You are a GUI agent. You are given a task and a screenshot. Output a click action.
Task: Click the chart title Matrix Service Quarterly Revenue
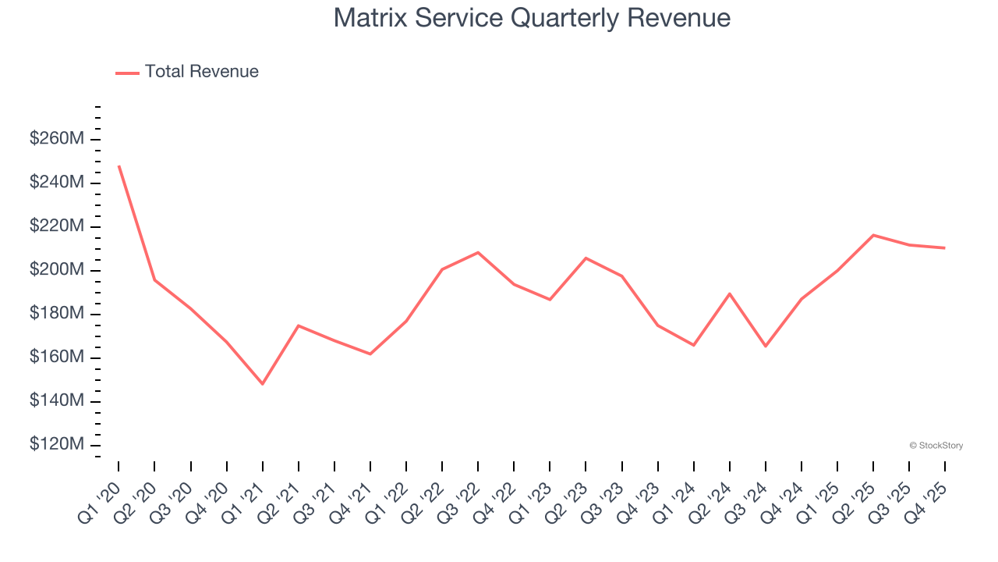pyautogui.click(x=532, y=18)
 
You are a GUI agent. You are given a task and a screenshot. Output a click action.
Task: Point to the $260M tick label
pyautogui.click(x=57, y=139)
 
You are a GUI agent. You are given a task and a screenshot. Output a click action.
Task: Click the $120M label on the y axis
pyautogui.click(x=57, y=444)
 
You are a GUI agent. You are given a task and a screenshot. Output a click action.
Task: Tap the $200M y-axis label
pyautogui.click(x=57, y=270)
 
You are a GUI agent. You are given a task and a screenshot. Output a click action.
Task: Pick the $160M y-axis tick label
pyautogui.click(x=57, y=357)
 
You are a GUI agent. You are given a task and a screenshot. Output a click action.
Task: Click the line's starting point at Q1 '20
pyautogui.click(x=119, y=166)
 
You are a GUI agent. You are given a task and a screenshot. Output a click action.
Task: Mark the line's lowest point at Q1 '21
pyautogui.click(x=262, y=384)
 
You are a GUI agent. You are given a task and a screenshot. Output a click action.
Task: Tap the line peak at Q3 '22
pyautogui.click(x=478, y=252)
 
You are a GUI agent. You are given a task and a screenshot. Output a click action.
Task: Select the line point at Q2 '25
pyautogui.click(x=873, y=235)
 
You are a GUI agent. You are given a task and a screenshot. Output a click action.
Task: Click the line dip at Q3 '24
pyautogui.click(x=766, y=346)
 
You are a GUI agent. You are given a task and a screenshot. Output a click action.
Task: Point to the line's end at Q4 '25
pyautogui.click(x=945, y=248)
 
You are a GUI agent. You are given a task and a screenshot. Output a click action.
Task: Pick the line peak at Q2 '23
pyautogui.click(x=586, y=258)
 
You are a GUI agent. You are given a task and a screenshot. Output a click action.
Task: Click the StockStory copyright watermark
pyautogui.click(x=936, y=446)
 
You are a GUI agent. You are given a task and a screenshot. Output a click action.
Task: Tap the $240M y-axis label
pyautogui.click(x=57, y=183)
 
